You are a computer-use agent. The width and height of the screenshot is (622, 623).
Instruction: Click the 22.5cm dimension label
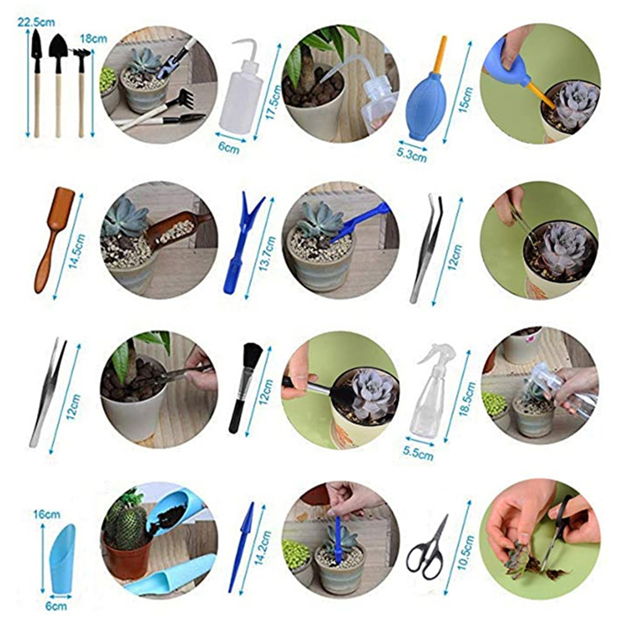[x=35, y=22]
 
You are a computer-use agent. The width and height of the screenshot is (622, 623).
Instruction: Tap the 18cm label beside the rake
[x=93, y=39]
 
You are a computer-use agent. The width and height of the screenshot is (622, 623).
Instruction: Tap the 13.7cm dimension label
[x=266, y=253]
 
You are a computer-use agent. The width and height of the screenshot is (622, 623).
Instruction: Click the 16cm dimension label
[x=47, y=514]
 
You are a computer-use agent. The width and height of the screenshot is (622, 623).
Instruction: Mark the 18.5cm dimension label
[x=467, y=399]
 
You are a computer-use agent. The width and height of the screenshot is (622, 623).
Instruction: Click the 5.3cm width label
[x=412, y=154]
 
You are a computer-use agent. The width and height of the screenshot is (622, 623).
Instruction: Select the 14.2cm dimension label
[x=263, y=548]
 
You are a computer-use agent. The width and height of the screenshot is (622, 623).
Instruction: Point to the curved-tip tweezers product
[x=426, y=248]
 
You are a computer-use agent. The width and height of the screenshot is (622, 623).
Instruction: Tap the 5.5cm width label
[x=418, y=453]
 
